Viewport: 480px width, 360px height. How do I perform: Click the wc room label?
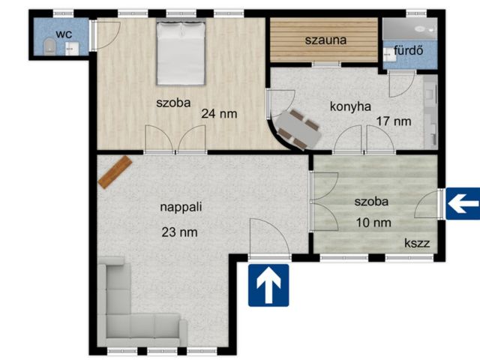[x=64, y=34]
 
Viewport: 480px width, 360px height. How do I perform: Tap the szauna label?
[x=325, y=40]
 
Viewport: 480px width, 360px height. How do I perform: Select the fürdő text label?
[x=408, y=50]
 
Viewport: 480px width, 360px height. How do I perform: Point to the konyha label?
[x=350, y=106]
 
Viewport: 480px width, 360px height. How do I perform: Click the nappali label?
[x=181, y=207]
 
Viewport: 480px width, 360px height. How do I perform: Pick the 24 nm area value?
[x=219, y=114]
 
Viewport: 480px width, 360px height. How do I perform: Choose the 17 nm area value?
[x=393, y=121]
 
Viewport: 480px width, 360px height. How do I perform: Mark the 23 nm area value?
[x=179, y=232]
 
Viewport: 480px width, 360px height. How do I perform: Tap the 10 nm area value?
[x=373, y=223]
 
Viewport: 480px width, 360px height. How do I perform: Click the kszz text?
[x=417, y=243]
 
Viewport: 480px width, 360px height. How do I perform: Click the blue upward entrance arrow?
[x=268, y=285]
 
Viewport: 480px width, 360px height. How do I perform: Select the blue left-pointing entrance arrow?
[x=463, y=204]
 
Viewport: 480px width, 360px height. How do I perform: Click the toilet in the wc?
[x=49, y=46]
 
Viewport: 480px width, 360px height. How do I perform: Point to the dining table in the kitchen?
[x=298, y=130]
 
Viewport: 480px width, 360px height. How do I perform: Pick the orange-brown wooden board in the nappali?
[x=115, y=172]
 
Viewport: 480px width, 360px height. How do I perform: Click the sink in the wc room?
[x=72, y=49]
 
